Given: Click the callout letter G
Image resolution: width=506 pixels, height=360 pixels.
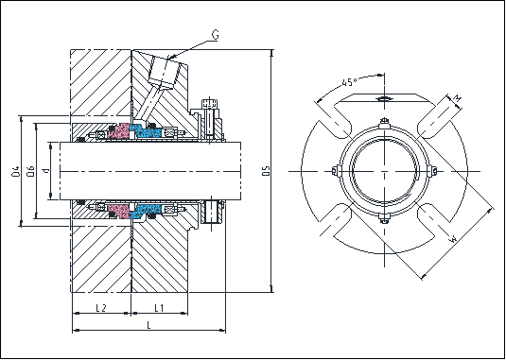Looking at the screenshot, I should tap(217, 35).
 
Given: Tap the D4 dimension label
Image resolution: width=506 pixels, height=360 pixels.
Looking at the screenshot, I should tap(16, 171).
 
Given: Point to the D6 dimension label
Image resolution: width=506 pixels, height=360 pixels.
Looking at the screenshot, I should tap(32, 171).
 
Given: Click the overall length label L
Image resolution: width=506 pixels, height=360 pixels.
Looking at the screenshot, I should tap(148, 324).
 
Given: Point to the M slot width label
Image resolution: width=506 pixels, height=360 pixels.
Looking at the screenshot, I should tap(457, 97).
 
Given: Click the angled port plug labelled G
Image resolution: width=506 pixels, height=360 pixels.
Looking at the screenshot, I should tap(164, 72).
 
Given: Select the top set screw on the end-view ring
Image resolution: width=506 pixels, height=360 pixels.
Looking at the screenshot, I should tap(384, 121).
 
